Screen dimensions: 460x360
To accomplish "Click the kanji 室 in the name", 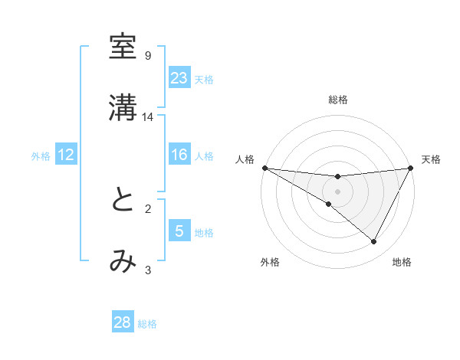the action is point(123,47).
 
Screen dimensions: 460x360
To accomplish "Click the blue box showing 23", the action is point(179,78).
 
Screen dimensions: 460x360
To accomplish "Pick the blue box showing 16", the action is point(179,155).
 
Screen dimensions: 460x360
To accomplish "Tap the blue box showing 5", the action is point(179,231).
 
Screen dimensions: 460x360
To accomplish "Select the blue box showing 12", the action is point(66,155).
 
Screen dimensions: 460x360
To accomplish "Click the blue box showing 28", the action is point(123,322).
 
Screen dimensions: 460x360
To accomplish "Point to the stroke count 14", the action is point(148,117).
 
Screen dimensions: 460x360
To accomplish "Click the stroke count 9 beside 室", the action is point(148,56).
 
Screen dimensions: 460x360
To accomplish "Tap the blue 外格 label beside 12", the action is point(41,156).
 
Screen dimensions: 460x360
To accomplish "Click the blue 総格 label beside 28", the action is point(147,324).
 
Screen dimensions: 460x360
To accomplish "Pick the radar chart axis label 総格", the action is point(337,100).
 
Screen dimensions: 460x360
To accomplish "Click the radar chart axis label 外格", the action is point(270,262).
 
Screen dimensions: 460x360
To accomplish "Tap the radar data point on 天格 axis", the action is point(410,168).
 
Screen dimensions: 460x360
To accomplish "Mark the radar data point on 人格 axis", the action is point(264,168).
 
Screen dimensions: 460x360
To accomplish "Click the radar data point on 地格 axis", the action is point(374,242).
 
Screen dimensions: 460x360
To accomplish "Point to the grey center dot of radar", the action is point(337,191).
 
